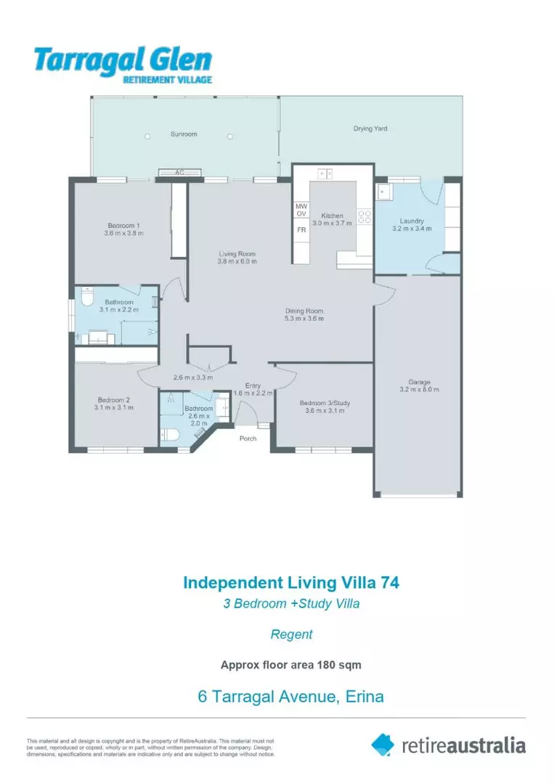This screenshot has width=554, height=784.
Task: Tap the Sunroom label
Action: pyautogui.click(x=184, y=134)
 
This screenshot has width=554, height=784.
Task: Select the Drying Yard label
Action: pyautogui.click(x=370, y=128)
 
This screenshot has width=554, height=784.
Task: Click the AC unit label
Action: pyautogui.click(x=179, y=173)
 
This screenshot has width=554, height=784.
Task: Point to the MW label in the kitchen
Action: pyautogui.click(x=301, y=206)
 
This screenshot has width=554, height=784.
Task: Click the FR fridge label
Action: pyautogui.click(x=301, y=230)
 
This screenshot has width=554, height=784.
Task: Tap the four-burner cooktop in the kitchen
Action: pyautogui.click(x=364, y=216)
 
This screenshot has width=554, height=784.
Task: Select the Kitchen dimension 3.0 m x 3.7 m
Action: pyautogui.click(x=332, y=223)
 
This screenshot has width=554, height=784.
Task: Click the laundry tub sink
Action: pyautogui.click(x=384, y=192)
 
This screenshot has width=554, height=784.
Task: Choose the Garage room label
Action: pyautogui.click(x=419, y=382)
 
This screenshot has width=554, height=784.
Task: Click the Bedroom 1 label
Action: pyautogui.click(x=123, y=226)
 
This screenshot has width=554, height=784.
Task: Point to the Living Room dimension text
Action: pyautogui.click(x=237, y=261)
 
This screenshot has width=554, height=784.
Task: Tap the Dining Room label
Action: pyautogui.click(x=304, y=311)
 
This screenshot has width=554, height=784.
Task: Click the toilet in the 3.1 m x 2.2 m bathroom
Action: pyautogui.click(x=87, y=296)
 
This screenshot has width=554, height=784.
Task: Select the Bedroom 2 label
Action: pyautogui.click(x=113, y=400)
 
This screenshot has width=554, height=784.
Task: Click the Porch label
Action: pyautogui.click(x=248, y=438)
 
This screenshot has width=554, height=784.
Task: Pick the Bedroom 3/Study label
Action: pyautogui.click(x=325, y=403)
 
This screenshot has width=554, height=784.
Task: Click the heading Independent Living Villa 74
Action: pyautogui.click(x=291, y=582)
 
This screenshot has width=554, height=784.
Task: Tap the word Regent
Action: pyautogui.click(x=291, y=634)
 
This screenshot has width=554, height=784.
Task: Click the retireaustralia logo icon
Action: pyautogui.click(x=383, y=745)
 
